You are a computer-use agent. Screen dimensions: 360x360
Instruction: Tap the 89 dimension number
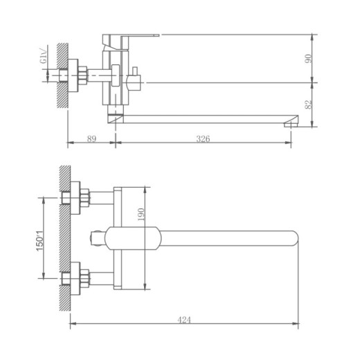point(91,138)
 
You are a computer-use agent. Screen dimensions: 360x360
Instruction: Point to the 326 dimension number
point(203,138)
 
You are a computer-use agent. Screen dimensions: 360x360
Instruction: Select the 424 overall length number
point(184,320)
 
